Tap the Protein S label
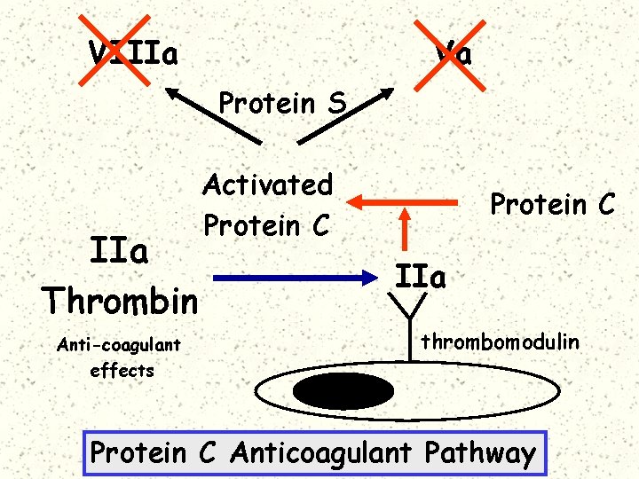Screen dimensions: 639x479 [282, 104]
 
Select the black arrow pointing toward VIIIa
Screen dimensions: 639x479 [212, 114]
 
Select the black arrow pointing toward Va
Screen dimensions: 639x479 [347, 115]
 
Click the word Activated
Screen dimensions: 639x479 [267, 185]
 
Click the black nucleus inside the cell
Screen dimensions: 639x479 [343, 391]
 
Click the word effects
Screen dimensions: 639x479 [122, 370]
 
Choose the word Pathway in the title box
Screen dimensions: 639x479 [480, 453]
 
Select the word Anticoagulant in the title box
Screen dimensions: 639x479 [320, 453]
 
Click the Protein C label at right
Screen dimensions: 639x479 [552, 205]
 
